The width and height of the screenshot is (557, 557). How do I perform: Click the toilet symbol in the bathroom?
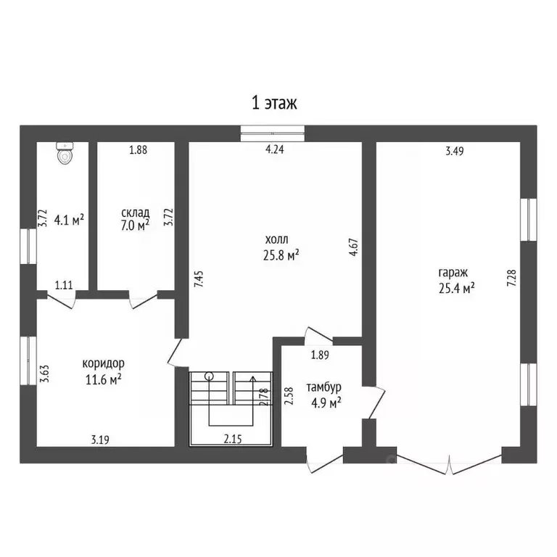coord(65,153)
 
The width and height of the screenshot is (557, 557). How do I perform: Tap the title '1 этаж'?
coord(274,103)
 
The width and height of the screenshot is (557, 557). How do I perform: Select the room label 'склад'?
coord(136,213)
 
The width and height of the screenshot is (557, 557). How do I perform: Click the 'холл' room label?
coord(277,239)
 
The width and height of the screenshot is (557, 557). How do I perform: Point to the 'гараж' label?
coord(453,273)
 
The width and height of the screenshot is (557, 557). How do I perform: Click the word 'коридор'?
coord(104,363)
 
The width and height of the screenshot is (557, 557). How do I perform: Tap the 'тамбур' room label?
coord(324,387)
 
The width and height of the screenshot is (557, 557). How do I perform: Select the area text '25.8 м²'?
coord(281,255)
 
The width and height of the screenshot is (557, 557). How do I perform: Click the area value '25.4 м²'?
coord(457,288)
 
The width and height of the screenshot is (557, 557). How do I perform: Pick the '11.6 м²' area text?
coord(104,379)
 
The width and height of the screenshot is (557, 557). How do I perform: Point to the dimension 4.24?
coord(275,149)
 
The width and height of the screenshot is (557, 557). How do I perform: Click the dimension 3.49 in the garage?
coord(455,152)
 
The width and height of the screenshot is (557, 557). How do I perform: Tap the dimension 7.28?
coord(511,278)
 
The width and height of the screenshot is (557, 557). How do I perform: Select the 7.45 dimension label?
coord(199,279)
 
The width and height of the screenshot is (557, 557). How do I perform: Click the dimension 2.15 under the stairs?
coord(233,440)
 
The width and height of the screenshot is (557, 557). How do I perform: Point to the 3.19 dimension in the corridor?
coord(100,440)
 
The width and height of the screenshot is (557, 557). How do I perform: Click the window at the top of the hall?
coord(273,133)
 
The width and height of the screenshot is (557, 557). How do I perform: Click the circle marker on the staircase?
coord(209,376)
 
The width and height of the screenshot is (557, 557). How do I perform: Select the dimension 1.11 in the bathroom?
coord(64,285)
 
